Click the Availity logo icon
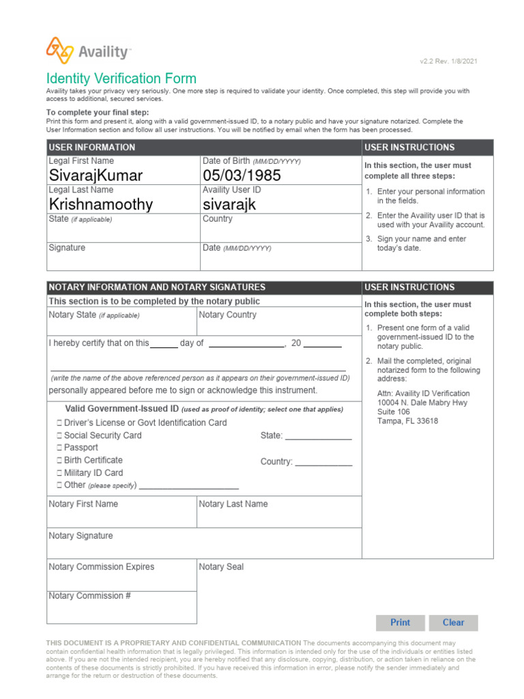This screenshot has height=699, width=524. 59,51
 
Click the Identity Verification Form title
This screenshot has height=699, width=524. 121,79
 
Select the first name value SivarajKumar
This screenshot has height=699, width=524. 96,175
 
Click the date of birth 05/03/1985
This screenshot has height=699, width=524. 242,175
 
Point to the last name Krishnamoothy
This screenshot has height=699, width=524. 101,204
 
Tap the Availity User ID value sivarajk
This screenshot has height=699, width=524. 229,204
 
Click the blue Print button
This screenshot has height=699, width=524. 401,623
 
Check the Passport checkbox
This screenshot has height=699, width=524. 59,448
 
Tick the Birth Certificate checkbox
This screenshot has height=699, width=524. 59,460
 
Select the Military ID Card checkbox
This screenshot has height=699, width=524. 59,473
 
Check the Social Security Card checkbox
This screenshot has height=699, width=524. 59,436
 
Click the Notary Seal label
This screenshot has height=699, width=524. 221,567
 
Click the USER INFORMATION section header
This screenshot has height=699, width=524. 92,147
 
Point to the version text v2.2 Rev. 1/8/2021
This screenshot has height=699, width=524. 448,61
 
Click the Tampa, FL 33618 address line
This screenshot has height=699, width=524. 408,421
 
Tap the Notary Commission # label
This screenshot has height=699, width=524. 90,596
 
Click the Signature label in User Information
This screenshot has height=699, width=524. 67,248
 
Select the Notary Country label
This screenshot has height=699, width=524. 228,315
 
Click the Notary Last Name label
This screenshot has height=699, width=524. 233,504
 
